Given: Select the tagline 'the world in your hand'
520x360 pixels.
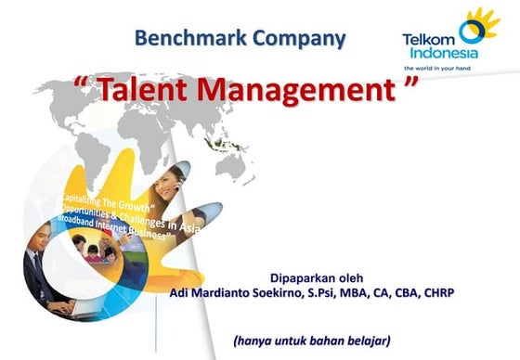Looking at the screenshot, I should [x=442, y=68].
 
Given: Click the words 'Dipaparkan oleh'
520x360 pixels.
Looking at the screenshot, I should [x=316, y=277].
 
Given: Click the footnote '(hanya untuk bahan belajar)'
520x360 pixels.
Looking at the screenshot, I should [x=312, y=340].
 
